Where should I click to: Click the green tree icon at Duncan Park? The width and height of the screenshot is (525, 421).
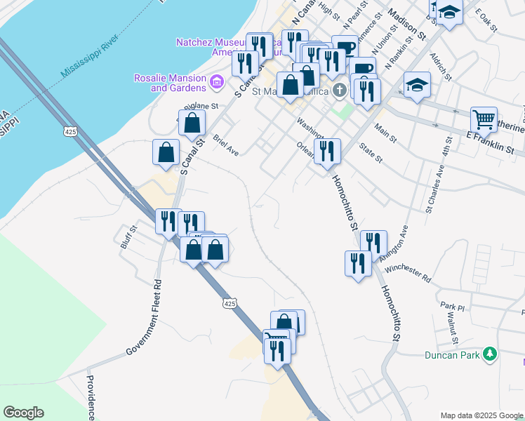point(491,354)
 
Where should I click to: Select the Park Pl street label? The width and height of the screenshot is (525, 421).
point(453,307)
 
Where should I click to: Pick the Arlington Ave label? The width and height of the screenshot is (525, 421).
point(394,243)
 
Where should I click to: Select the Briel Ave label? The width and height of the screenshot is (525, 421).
point(226,144)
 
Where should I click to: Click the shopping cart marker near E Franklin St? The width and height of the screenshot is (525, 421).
point(484,120)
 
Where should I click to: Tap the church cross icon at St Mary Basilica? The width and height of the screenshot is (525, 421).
point(340,89)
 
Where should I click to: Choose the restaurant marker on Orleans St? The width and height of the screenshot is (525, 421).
point(327,151)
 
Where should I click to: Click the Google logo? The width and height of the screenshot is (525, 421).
point(23,413)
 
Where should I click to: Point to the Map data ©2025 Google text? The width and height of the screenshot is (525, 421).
point(481,415)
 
